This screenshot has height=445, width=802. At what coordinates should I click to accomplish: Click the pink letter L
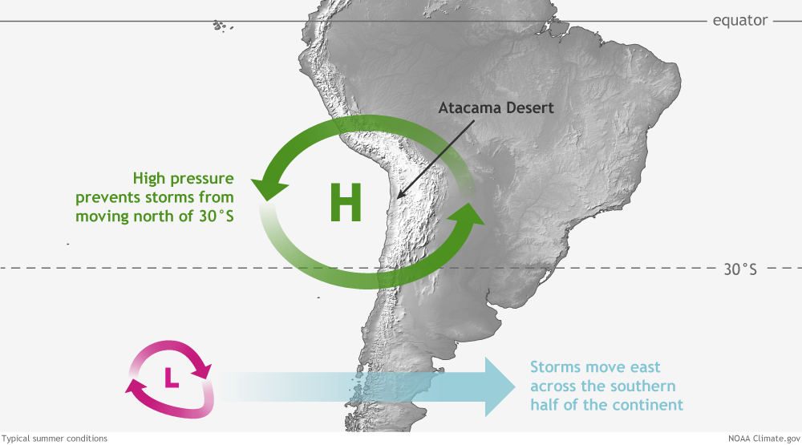click(x=172, y=378)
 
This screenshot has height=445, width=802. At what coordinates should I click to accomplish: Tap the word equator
click(x=740, y=21)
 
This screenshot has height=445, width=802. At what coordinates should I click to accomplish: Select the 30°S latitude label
click(x=740, y=269)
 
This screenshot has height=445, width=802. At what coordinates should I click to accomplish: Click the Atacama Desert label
click(x=496, y=108)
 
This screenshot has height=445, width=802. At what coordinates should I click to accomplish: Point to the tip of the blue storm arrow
click(x=515, y=386)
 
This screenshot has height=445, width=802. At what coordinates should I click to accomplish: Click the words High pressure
click(x=183, y=179)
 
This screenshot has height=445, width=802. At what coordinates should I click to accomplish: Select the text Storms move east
click(x=595, y=367)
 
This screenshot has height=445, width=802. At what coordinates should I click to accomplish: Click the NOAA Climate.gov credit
click(x=764, y=439)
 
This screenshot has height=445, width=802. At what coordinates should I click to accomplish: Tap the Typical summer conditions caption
click(x=55, y=439)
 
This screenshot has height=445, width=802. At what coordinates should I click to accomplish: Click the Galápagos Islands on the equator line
click(x=222, y=25)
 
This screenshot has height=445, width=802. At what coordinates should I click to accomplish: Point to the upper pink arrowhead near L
click(x=204, y=370)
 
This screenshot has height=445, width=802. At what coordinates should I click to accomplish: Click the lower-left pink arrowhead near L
click(x=135, y=387)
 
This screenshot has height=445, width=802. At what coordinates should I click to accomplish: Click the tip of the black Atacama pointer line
click(x=398, y=198)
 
